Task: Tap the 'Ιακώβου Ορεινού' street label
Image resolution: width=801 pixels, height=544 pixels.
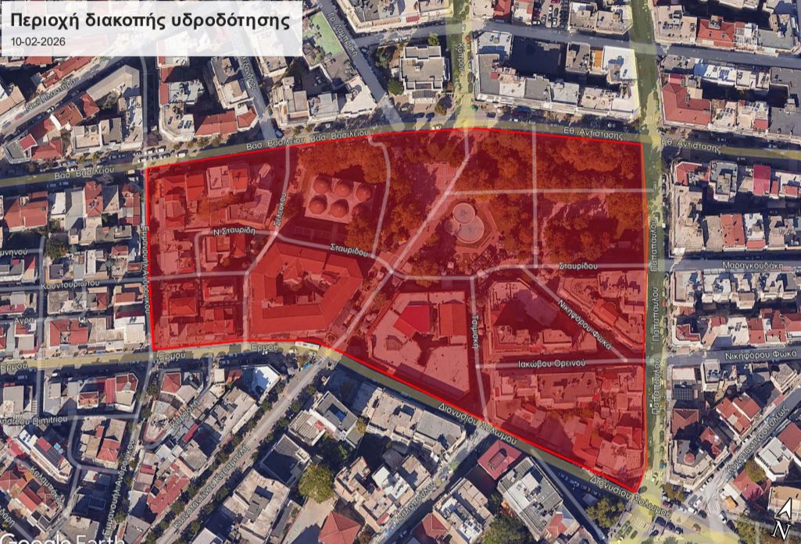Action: coord(550,364)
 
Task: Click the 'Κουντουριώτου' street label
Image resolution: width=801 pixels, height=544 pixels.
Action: coord(71,283)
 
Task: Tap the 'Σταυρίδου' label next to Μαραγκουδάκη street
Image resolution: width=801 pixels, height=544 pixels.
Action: coord(578,266)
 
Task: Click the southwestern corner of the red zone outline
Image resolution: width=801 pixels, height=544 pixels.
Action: coord(152,349)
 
